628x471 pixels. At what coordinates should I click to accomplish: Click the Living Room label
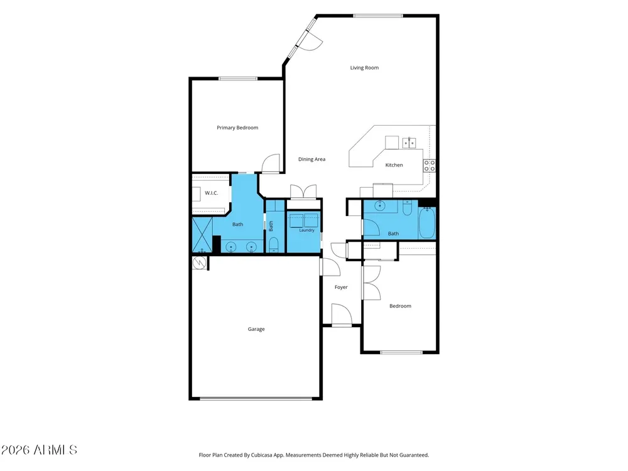point(364,68)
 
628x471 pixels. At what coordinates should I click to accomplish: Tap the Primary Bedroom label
point(237,127)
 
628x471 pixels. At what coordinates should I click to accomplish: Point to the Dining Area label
point(311,160)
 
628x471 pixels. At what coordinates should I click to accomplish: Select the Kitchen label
point(394,165)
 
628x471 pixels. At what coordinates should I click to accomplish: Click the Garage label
point(256,329)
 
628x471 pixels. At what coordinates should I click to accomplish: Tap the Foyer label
point(341,287)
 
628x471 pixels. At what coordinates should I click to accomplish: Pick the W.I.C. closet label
point(212,193)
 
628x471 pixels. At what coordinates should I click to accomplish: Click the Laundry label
point(307,230)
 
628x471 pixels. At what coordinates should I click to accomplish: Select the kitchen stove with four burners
point(430,166)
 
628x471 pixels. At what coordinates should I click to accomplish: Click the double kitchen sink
point(409,143)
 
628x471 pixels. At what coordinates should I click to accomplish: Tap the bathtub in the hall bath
point(427,223)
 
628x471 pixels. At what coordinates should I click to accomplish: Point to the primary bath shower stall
point(202,235)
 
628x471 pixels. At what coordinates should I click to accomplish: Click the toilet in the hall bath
point(407,208)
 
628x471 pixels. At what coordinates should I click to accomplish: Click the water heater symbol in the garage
point(200,263)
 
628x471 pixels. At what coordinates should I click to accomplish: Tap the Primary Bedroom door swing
point(271,163)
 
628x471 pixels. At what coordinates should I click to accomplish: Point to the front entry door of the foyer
point(342,315)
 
